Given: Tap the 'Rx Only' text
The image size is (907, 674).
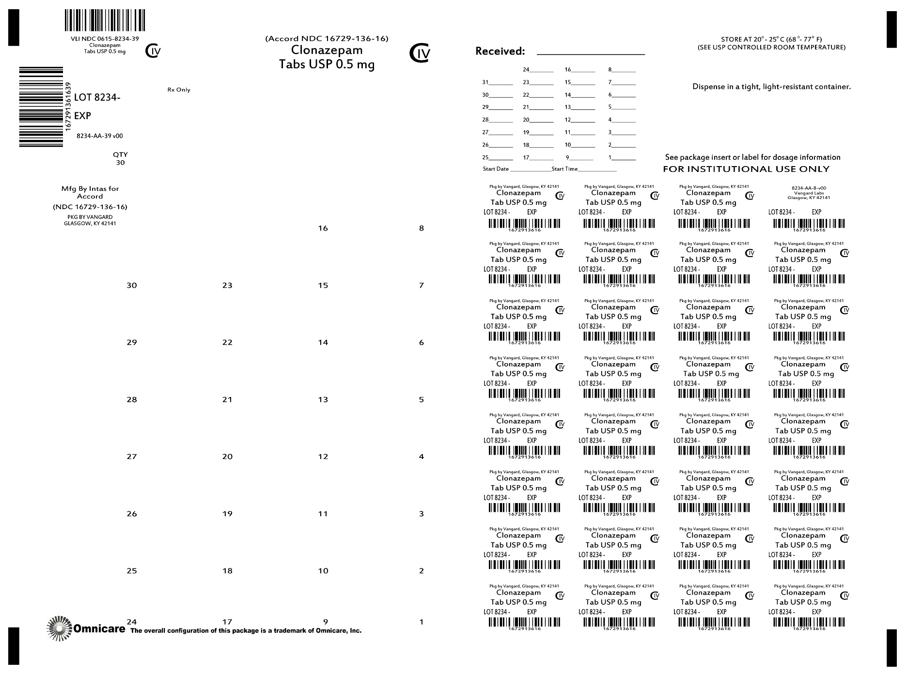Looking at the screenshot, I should pyautogui.click(x=179, y=90).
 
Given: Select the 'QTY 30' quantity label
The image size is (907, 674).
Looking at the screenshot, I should pyautogui.click(x=120, y=158).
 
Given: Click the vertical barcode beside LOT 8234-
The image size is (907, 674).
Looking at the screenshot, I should pyautogui.click(x=41, y=107).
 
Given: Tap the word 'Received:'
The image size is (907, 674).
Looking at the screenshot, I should pyautogui.click(x=500, y=51).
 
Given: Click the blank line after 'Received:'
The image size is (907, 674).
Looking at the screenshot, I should pyautogui.click(x=591, y=54).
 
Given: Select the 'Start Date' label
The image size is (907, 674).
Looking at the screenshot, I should pyautogui.click(x=496, y=169).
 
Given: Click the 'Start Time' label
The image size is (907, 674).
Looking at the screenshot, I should pyautogui.click(x=564, y=169).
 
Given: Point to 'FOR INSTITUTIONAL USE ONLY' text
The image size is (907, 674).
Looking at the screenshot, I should pyautogui.click(x=746, y=169).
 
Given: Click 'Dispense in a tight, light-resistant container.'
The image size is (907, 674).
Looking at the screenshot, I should pyautogui.click(x=771, y=87).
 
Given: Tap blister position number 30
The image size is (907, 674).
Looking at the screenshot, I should pyautogui.click(x=132, y=286).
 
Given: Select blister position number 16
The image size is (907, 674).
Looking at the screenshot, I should pyautogui.click(x=323, y=229).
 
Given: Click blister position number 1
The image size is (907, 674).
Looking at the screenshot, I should pyautogui.click(x=422, y=622).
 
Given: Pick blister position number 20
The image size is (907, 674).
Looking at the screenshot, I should pyautogui.click(x=227, y=457).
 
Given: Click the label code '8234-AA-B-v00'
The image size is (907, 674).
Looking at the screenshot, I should pyautogui.click(x=809, y=188).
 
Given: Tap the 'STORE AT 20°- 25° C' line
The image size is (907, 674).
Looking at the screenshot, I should pyautogui.click(x=771, y=40).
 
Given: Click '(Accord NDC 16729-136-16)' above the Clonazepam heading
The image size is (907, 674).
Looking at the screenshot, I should pyautogui.click(x=327, y=39).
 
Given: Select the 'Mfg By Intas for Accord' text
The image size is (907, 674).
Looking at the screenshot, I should pyautogui.click(x=90, y=192).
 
